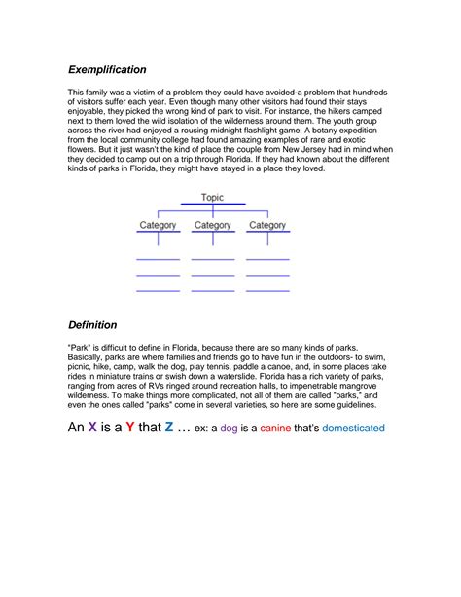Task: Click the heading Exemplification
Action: [x=107, y=70]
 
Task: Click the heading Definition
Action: [x=92, y=324]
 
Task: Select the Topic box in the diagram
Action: [x=212, y=198]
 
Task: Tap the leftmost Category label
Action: [x=158, y=226]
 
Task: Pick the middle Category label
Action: [x=213, y=226]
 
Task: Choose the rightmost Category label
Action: [x=267, y=226]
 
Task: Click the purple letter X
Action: [x=92, y=428]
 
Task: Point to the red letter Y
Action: [x=129, y=428]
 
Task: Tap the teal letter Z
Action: [x=169, y=428]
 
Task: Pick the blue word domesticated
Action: [x=353, y=429]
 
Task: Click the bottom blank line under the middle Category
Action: [x=213, y=290]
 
